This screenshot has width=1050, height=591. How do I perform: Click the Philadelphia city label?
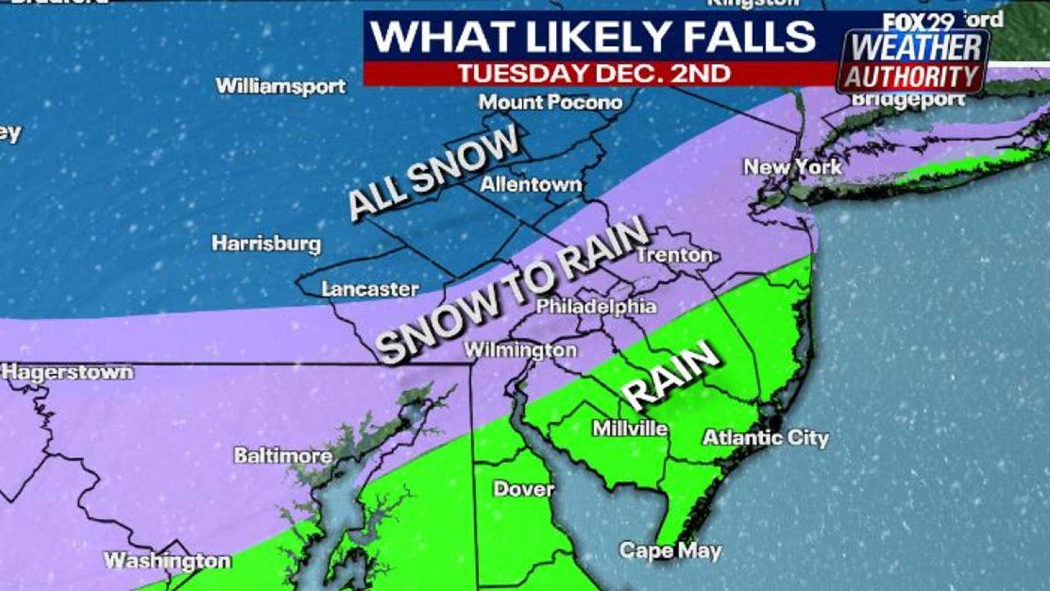[x=596, y=306]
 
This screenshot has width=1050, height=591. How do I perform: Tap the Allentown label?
[x=530, y=184]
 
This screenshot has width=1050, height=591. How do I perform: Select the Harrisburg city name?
[x=266, y=243]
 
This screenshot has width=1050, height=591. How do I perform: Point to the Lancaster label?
[x=370, y=289]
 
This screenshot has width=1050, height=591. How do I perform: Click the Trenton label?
[x=675, y=254]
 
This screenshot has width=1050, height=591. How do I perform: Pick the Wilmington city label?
[x=520, y=350]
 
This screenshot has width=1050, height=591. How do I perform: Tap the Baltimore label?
[x=283, y=455]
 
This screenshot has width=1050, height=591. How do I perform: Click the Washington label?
[x=167, y=560]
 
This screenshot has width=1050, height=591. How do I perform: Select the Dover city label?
[x=523, y=488]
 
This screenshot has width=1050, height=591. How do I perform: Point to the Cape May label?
[x=670, y=550]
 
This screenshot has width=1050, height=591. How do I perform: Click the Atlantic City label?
[x=766, y=437]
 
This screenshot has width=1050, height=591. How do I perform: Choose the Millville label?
[x=630, y=428]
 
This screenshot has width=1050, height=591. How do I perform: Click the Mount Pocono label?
[x=550, y=102]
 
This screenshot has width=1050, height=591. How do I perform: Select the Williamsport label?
[x=281, y=85]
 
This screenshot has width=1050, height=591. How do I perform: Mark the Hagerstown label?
[x=67, y=372]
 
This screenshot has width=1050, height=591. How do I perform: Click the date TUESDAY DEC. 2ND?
[x=594, y=73]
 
